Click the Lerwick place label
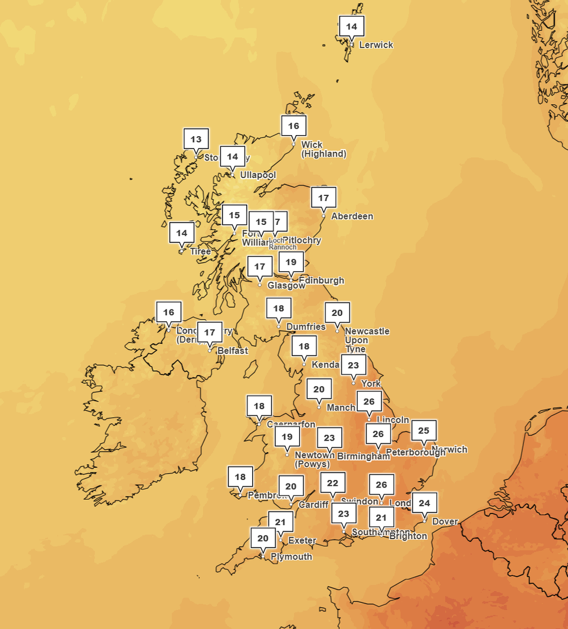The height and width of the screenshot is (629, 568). coord(376,45)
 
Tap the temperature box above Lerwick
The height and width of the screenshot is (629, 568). coord(352,27)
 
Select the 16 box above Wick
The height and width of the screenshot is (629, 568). coord(294,126)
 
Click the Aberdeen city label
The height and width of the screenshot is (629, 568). coord(352,216)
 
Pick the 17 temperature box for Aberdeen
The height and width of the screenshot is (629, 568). coord(324,198)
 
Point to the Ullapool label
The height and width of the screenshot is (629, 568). coord(258,175)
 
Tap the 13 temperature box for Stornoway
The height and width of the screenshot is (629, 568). coord(196,139)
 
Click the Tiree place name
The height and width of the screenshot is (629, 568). coord(201,252)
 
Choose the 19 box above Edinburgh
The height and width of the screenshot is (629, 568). coord(291,262)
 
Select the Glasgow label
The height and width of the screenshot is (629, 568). coord(286,285)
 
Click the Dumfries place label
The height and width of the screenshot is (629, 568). coord(305,327)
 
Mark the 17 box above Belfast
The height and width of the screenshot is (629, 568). coord(210,333)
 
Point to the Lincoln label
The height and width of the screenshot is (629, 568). coord(393,420)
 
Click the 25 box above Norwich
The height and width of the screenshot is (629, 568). coord(424,431)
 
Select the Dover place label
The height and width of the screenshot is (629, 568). coord(445,522)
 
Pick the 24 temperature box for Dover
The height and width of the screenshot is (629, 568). coord(425,503)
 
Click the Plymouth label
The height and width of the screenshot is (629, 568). coord(291,557)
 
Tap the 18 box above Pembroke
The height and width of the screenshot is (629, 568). coord(241,477)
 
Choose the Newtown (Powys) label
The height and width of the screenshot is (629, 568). coord(312,460)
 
